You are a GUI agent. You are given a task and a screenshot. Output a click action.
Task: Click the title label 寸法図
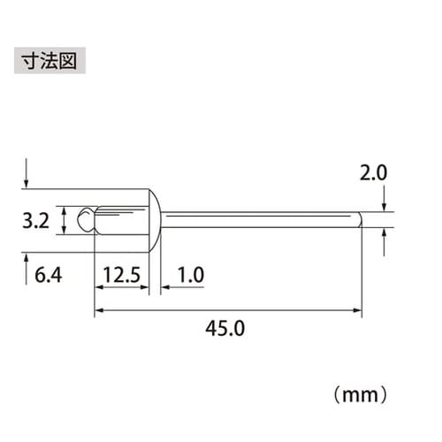tap(50, 65)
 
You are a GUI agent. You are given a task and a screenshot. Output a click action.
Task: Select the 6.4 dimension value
tap(47, 276)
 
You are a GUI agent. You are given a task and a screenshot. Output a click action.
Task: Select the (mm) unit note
tap(362, 388)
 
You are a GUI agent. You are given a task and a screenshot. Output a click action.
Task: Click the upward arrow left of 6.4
tap(27, 263)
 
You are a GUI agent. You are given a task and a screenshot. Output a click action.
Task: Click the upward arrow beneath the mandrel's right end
tap(384, 239)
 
